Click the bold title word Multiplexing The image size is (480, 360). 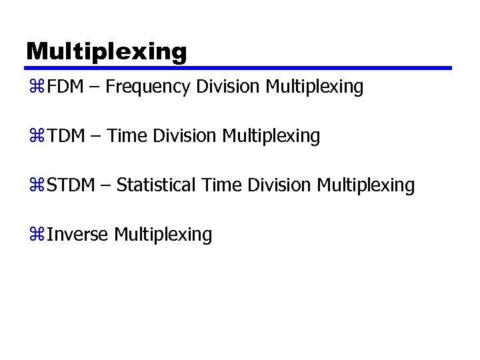[107, 51]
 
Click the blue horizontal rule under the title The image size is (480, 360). [238, 68]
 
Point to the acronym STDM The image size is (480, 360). [71, 185]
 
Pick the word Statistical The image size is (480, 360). [156, 185]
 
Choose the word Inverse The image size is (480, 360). [77, 235]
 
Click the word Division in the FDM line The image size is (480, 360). [229, 87]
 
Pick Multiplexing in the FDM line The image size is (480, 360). [315, 87]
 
